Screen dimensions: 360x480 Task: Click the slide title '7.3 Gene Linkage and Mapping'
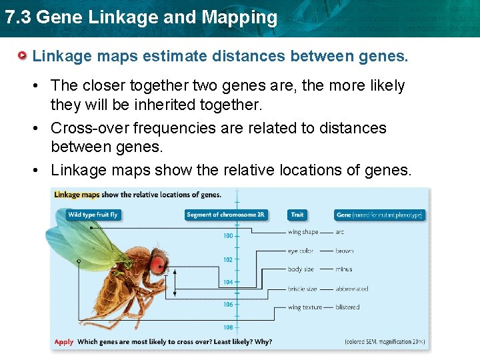coord(141,17)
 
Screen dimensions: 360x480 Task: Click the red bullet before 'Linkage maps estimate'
coord(23,55)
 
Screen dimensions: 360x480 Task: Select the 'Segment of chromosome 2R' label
coord(226,215)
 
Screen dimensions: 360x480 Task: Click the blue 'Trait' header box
coord(297,215)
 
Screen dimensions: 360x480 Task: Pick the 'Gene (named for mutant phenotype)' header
coord(380,215)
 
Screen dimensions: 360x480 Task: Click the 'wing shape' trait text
coord(303,232)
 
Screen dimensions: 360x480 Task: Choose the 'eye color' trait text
coord(301,251)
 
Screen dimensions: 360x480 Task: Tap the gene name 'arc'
coord(340,232)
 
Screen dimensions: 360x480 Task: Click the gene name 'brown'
coord(345,251)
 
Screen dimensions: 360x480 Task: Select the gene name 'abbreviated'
coord(352,289)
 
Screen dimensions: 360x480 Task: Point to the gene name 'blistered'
coord(347,307)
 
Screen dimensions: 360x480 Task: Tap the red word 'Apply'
coord(64,342)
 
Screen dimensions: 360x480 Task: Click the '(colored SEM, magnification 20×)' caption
coord(384,342)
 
